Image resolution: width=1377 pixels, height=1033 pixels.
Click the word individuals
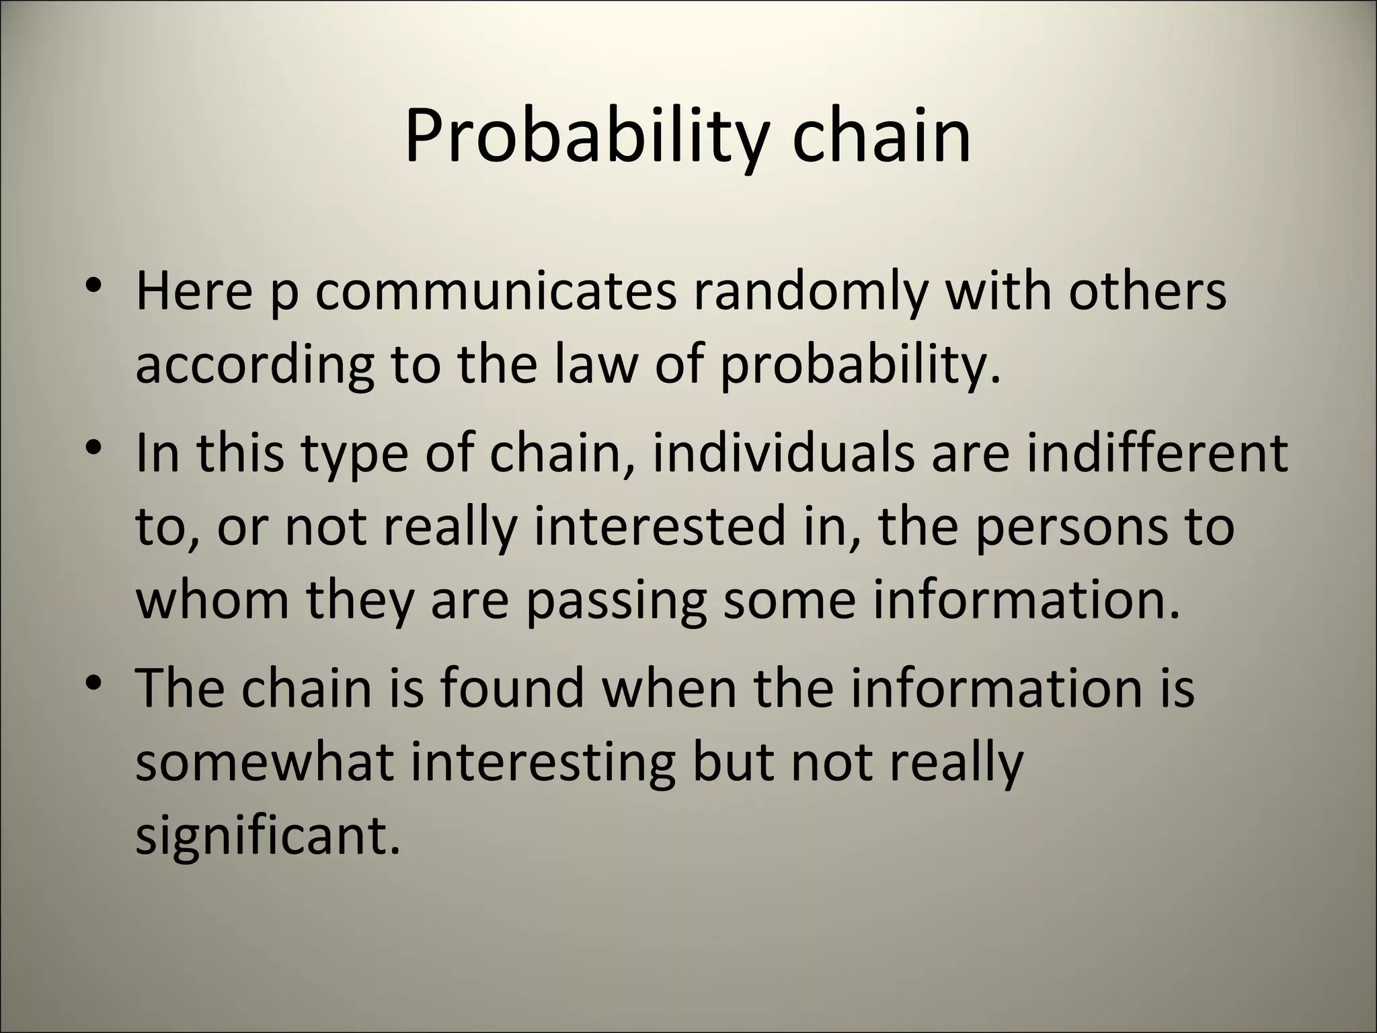(x=783, y=452)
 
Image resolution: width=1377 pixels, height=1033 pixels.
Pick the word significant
(x=268, y=837)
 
